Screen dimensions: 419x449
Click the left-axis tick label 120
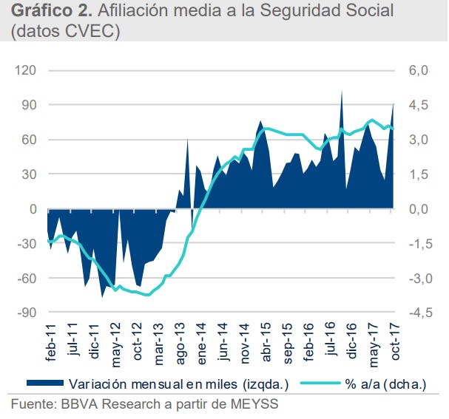tap(28, 71)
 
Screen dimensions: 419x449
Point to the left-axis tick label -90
tap(28, 313)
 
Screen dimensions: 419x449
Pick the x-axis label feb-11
tap(50, 347)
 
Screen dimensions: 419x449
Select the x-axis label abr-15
tap(265, 347)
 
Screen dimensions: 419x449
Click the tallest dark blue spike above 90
tap(341, 92)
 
